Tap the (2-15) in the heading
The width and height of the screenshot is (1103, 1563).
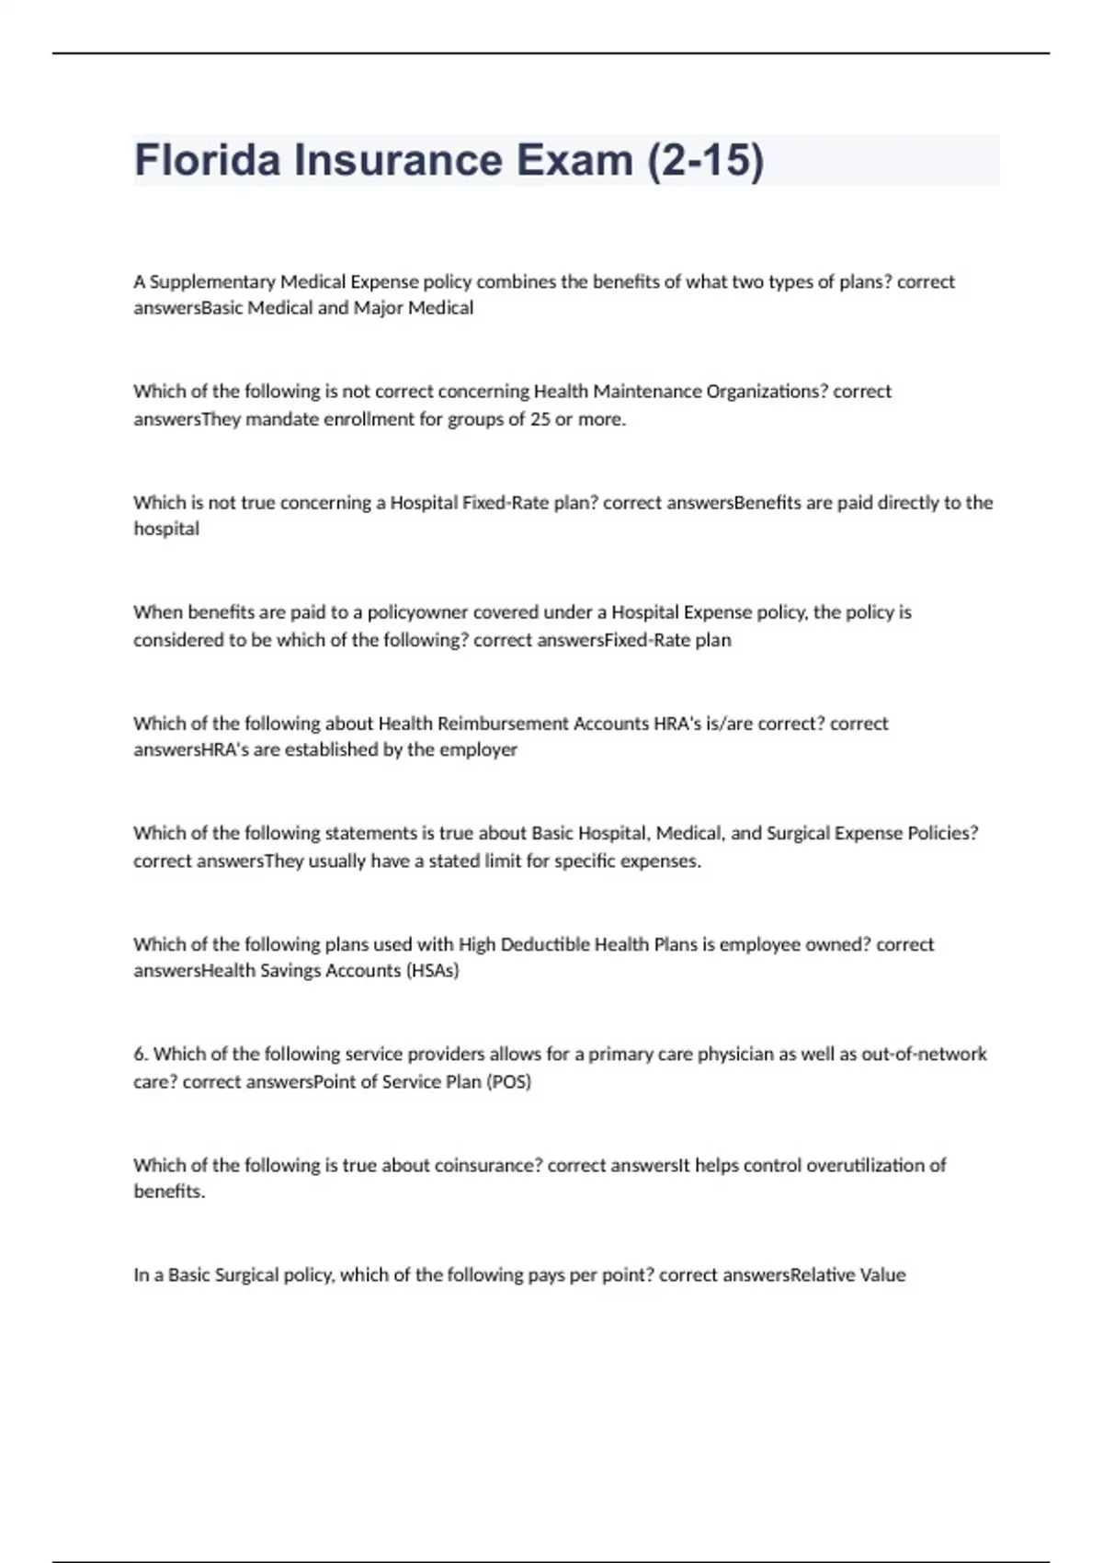pyautogui.click(x=706, y=160)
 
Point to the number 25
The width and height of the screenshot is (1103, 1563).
pyautogui.click(x=540, y=419)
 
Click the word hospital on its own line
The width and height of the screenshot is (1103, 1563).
pyautogui.click(x=166, y=529)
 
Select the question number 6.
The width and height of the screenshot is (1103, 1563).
pyautogui.click(x=140, y=1054)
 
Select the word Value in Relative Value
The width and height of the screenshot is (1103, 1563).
pyautogui.click(x=882, y=1275)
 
